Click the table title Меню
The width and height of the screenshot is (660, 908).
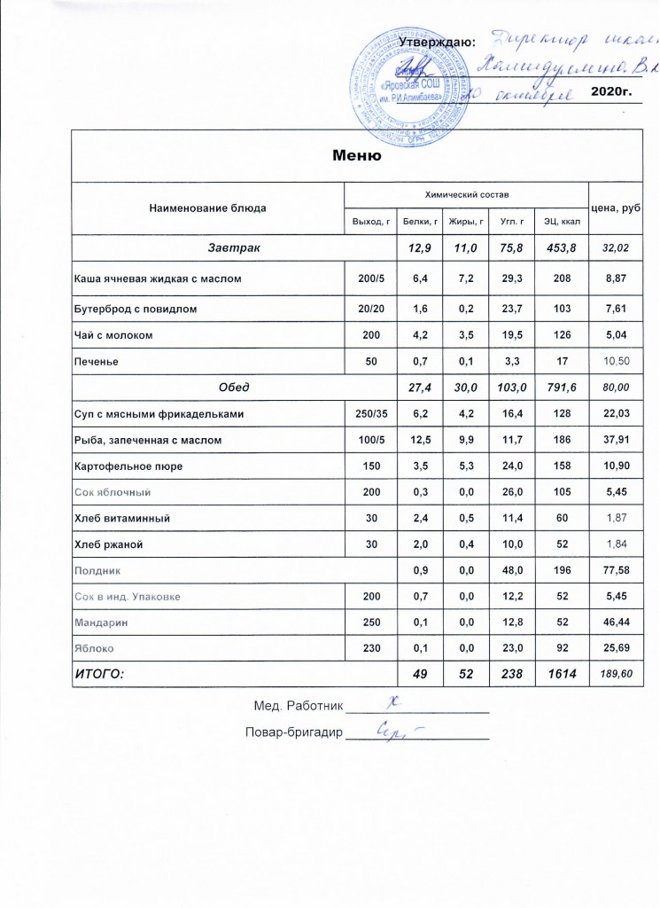click(356, 157)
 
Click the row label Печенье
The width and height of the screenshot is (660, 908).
click(97, 361)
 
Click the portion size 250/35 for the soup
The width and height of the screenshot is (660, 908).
click(368, 413)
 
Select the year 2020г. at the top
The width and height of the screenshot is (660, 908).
click(609, 94)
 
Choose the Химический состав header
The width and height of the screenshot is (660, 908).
click(465, 193)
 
